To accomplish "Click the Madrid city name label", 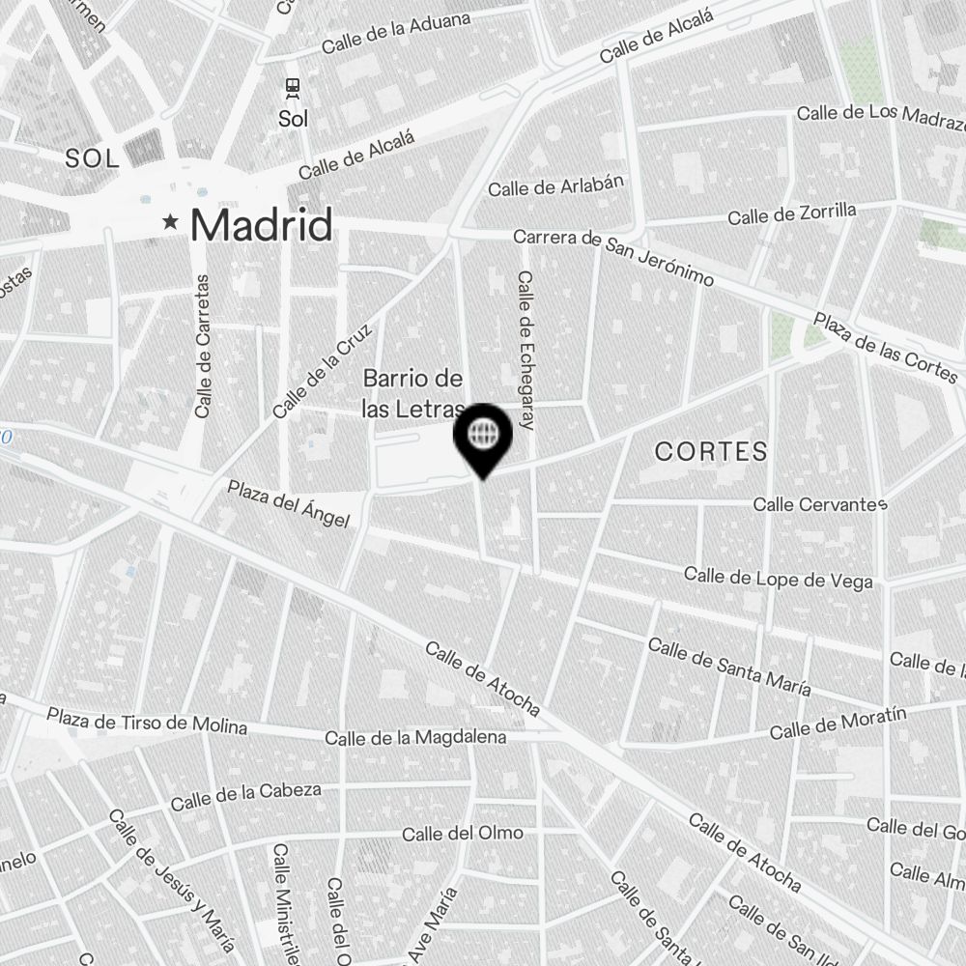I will pyautogui.click(x=261, y=225).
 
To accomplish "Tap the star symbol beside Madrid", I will pyautogui.click(x=171, y=222).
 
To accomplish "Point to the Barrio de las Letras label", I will pyautogui.click(x=412, y=393).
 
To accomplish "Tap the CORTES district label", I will pyautogui.click(x=711, y=451).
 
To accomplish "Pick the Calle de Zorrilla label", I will pyautogui.click(x=792, y=213).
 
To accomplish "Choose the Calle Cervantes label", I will pyautogui.click(x=820, y=504).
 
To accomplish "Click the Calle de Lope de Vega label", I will pyautogui.click(x=779, y=578).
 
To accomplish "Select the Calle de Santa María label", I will pyautogui.click(x=729, y=666).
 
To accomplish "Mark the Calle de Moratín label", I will pyautogui.click(x=838, y=724).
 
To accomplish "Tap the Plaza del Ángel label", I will pyautogui.click(x=288, y=503).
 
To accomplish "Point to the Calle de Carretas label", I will pyautogui.click(x=202, y=346).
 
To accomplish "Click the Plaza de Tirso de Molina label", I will pyautogui.click(x=147, y=721).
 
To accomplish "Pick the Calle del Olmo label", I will pyautogui.click(x=463, y=833).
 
